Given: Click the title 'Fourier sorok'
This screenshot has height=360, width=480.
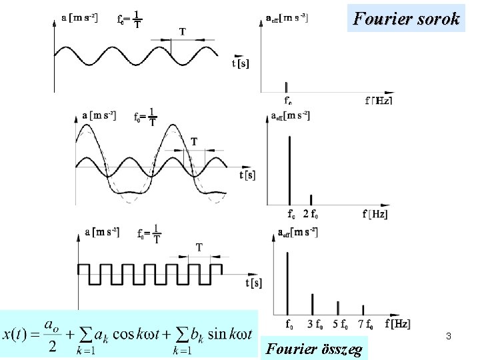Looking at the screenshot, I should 407,18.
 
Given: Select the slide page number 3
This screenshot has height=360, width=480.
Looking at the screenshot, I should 449,337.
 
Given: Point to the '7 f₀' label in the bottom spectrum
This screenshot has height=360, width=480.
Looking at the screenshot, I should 365,325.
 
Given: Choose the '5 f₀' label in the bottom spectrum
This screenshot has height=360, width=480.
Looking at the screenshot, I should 340,325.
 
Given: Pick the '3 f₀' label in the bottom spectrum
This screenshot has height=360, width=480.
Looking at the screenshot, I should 314,325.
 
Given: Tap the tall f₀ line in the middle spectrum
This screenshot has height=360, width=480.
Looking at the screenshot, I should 289,170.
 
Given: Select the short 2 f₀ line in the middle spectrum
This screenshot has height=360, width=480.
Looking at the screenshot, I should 312,199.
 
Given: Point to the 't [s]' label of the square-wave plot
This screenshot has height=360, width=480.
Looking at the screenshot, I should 253,283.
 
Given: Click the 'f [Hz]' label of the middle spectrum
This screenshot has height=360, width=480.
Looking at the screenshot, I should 375,214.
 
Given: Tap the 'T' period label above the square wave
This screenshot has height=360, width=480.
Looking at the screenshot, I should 199,247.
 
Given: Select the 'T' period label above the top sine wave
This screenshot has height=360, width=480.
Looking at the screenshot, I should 182,31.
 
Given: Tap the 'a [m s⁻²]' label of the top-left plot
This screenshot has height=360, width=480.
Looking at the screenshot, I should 79,18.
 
